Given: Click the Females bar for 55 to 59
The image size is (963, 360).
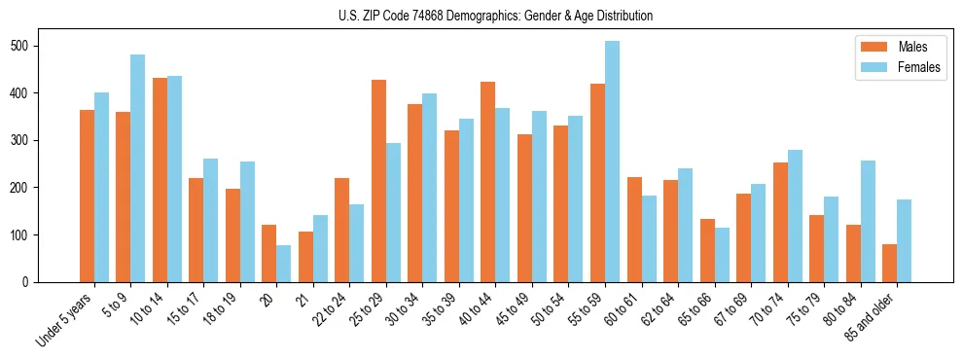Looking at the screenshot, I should pyautogui.click(x=612, y=162).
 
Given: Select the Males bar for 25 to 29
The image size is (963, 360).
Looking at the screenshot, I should pyautogui.click(x=378, y=181).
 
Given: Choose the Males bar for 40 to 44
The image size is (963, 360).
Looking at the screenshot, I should pyautogui.click(x=488, y=182).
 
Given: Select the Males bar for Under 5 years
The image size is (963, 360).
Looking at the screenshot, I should pyautogui.click(x=87, y=196).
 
